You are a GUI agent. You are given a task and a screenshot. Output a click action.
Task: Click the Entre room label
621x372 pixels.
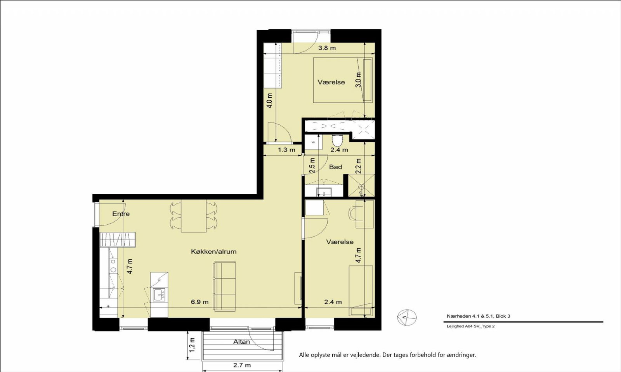pos(121,214)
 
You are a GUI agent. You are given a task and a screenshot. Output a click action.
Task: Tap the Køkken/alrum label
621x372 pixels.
pos(214,251)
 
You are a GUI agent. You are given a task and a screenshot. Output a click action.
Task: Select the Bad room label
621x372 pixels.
pos(335,167)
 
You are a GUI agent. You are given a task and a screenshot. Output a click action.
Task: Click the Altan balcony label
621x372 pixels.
pos(241,341)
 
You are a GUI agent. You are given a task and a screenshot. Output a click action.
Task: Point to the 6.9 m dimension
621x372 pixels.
pos(199,302)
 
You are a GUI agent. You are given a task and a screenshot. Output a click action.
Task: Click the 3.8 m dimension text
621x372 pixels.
pos(327,48)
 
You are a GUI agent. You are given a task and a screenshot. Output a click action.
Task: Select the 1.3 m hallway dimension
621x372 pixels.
pos(287,150)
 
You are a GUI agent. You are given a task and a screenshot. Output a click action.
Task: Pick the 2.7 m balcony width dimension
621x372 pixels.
pos(242,365)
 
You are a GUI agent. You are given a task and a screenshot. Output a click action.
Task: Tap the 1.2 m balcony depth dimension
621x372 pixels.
pos(192,345)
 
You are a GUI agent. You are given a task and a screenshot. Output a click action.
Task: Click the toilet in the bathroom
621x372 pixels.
pos(337,140)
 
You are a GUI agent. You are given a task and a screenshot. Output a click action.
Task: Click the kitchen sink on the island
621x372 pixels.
pos(159,294)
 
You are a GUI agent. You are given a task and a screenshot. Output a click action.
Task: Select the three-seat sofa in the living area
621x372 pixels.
pos(224,286)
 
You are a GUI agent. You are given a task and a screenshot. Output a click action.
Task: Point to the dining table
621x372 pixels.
pos(194,216)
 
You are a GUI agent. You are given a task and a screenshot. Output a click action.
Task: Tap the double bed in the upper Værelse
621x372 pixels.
pos(343,80)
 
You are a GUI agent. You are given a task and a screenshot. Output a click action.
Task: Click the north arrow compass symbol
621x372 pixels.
pos(407,317)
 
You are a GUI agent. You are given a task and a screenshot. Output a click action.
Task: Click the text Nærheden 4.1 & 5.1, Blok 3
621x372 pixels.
pos(478,316)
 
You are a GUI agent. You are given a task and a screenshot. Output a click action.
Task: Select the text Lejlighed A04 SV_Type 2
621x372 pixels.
pos(470,326)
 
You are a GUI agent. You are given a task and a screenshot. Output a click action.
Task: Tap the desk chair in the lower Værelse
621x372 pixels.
pos(353,214)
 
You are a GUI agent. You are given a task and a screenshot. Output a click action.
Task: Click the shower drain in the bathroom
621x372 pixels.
pos(361,187)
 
